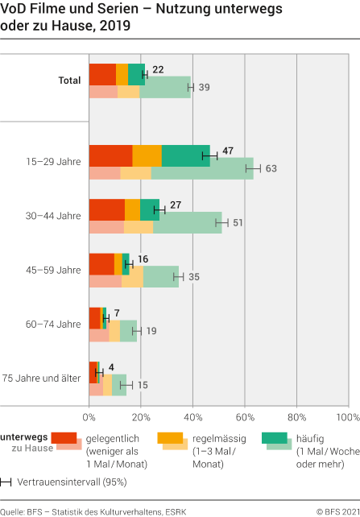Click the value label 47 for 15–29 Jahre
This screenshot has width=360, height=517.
click(228, 151)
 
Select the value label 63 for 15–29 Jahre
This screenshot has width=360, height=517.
click(271, 169)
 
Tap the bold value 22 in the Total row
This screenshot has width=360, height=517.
click(158, 69)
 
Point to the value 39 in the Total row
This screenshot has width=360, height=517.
click(205, 86)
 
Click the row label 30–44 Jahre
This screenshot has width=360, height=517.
click(57, 216)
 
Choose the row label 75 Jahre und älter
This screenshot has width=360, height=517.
click(42, 378)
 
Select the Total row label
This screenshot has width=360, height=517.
click(69, 80)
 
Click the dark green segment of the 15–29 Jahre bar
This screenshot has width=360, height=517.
click(185, 155)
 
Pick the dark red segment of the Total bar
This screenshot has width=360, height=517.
click(102, 74)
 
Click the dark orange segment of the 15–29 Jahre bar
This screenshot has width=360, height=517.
click(147, 155)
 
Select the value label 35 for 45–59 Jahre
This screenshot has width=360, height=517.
click(194, 276)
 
